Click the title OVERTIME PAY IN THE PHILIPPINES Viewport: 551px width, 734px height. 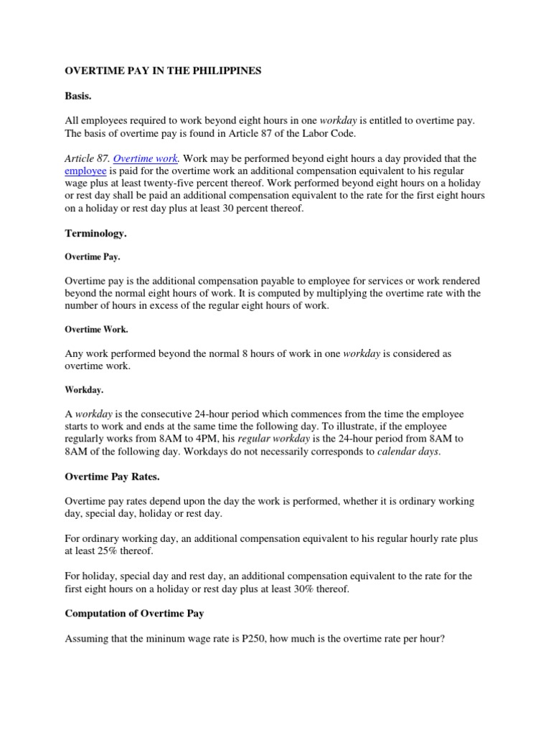164,71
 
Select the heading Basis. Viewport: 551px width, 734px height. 79,95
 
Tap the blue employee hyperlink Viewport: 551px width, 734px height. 85,171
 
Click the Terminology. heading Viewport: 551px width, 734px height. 96,233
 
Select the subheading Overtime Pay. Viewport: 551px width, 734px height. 93,256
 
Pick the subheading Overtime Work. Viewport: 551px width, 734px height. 96,330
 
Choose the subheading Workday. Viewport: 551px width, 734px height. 84,390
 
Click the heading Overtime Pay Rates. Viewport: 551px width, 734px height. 112,477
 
